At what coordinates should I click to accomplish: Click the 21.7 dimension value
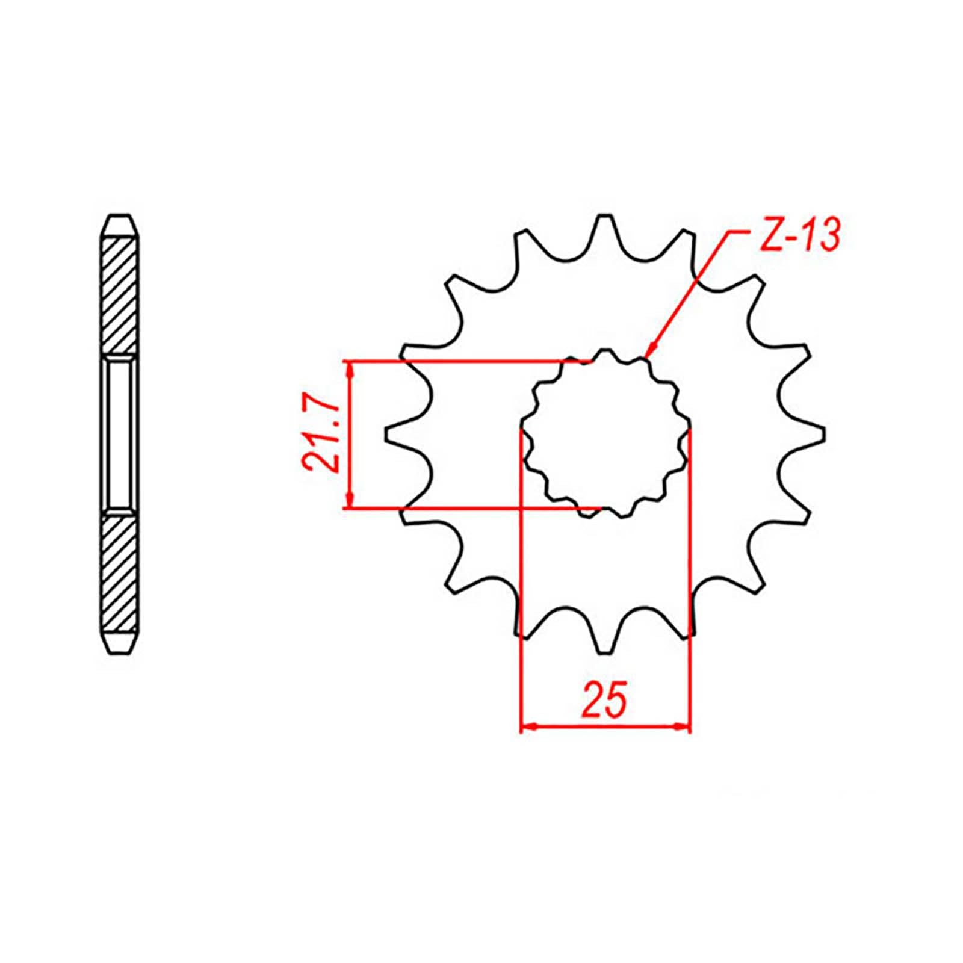(319, 435)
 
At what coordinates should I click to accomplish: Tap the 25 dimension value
(604, 700)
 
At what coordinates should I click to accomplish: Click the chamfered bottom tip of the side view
(119, 643)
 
